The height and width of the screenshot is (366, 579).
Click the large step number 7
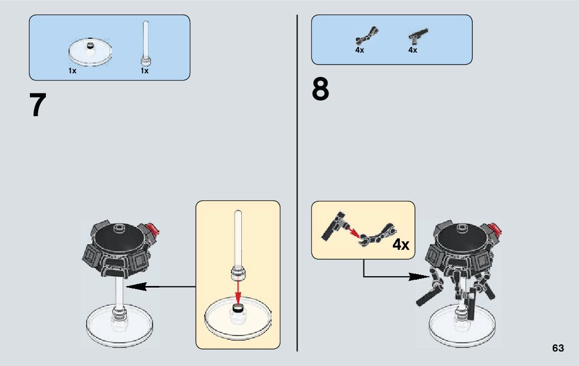pos(38,105)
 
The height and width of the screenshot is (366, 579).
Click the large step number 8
pos(320,89)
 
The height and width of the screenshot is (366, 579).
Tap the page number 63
pos(558,348)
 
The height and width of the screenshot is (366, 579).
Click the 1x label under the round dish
pos(72,71)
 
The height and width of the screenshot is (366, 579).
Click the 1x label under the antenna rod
pos(144,71)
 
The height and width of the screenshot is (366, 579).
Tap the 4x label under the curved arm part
pos(359,50)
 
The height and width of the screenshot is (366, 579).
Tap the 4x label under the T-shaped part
pos(412,50)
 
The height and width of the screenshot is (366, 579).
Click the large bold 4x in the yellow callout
pos(401,244)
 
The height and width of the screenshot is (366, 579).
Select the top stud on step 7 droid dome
pos(120,226)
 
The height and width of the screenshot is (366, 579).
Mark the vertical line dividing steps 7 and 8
pos(297,181)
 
